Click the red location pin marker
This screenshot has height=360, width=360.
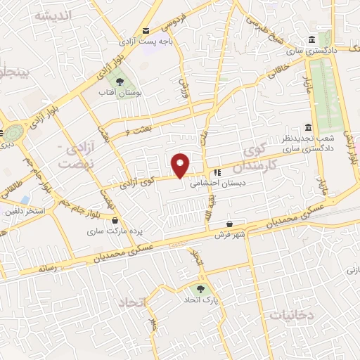pyautogui.click(x=181, y=165)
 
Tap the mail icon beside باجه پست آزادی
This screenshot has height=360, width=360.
pyautogui.click(x=146, y=30)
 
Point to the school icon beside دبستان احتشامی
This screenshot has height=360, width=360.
pyautogui.click(x=218, y=171)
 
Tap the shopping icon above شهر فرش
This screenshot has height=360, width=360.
pyautogui.click(x=229, y=225)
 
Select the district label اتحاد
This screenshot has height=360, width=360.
pyautogui.click(x=131, y=302)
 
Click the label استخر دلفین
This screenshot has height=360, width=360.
pyautogui.click(x=25, y=210)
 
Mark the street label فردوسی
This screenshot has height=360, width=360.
pyautogui.click(x=174, y=20)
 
